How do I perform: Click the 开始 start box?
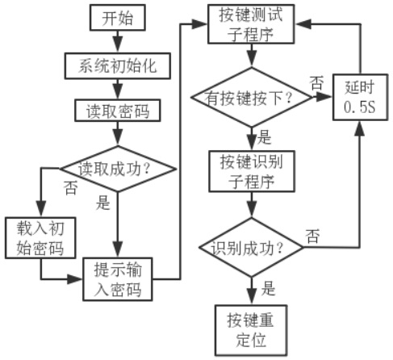(118, 18)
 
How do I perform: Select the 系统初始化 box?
(118, 66)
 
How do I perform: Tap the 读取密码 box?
(118, 111)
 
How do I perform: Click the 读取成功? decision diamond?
(118, 169)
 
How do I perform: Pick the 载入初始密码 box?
(40, 238)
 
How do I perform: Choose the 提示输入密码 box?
(118, 279)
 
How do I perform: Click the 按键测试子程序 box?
(251, 24)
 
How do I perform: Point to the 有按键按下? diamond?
(251, 97)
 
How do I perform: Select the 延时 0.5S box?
(360, 97)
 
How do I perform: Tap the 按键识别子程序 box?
(252, 171)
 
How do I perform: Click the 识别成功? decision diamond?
(251, 247)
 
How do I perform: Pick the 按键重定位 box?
(251, 330)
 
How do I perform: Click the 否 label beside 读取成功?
(71, 187)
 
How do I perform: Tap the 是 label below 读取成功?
(103, 203)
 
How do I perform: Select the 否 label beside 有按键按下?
(316, 83)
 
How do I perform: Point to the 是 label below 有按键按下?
(265, 137)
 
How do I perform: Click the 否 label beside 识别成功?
(313, 237)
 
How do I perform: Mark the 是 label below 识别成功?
(269, 288)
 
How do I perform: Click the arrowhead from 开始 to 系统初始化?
(118, 45)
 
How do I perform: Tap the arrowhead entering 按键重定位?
(252, 296)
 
